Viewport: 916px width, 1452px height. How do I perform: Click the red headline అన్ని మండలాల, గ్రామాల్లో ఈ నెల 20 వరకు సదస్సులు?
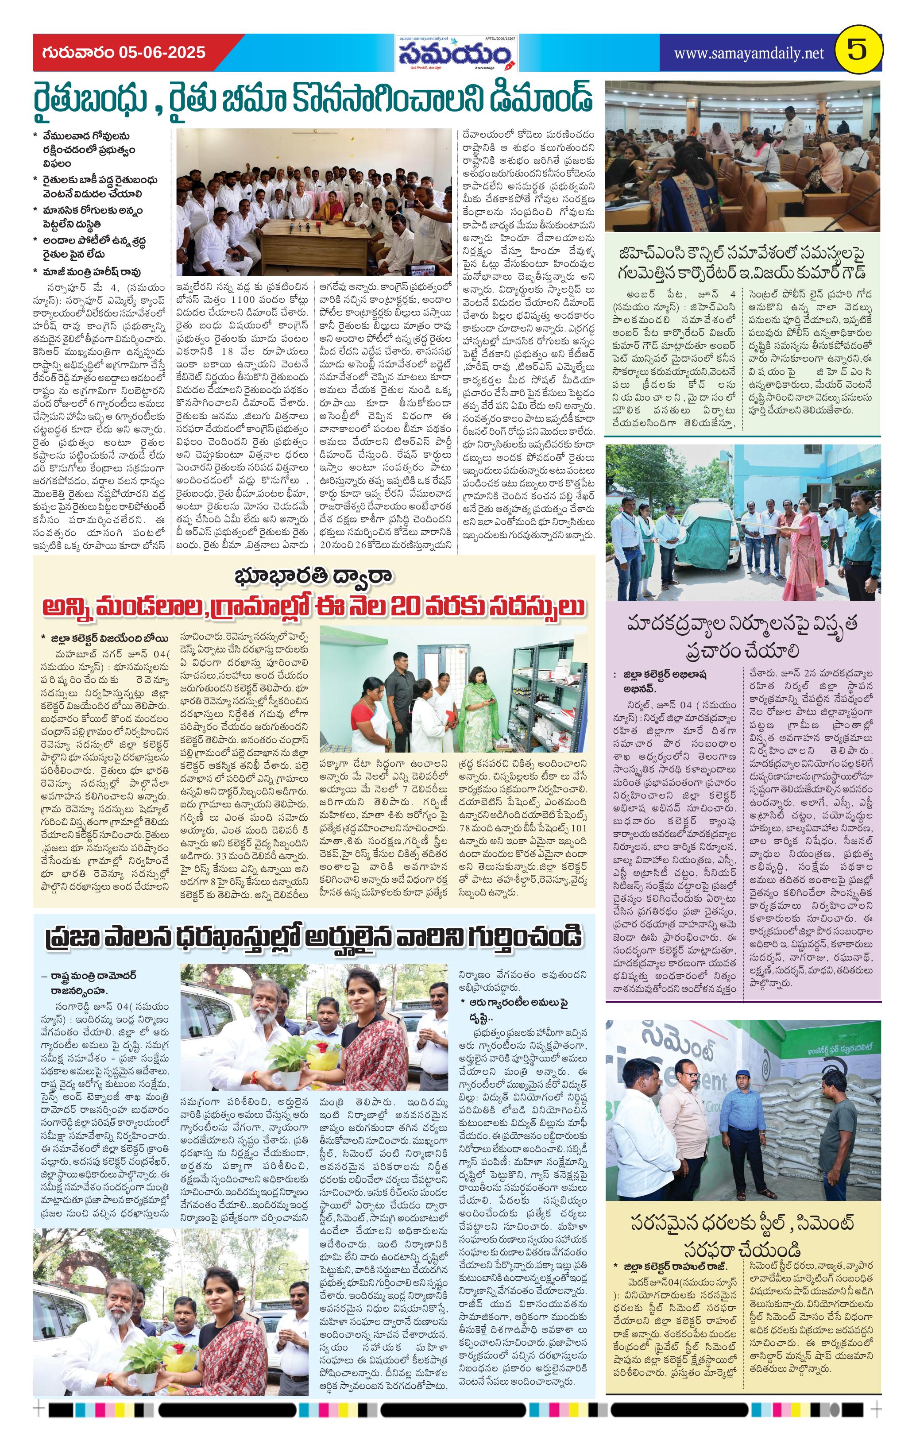pos(313,607)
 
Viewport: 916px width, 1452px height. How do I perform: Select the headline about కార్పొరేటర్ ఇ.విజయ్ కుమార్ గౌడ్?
pos(742,263)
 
